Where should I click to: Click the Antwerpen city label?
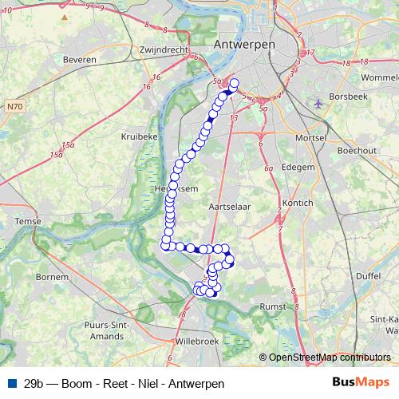244,45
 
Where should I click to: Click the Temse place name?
28,220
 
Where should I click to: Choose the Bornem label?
52,277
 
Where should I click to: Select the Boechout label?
357,150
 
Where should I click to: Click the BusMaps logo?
361,382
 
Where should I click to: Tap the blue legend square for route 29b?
10,383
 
